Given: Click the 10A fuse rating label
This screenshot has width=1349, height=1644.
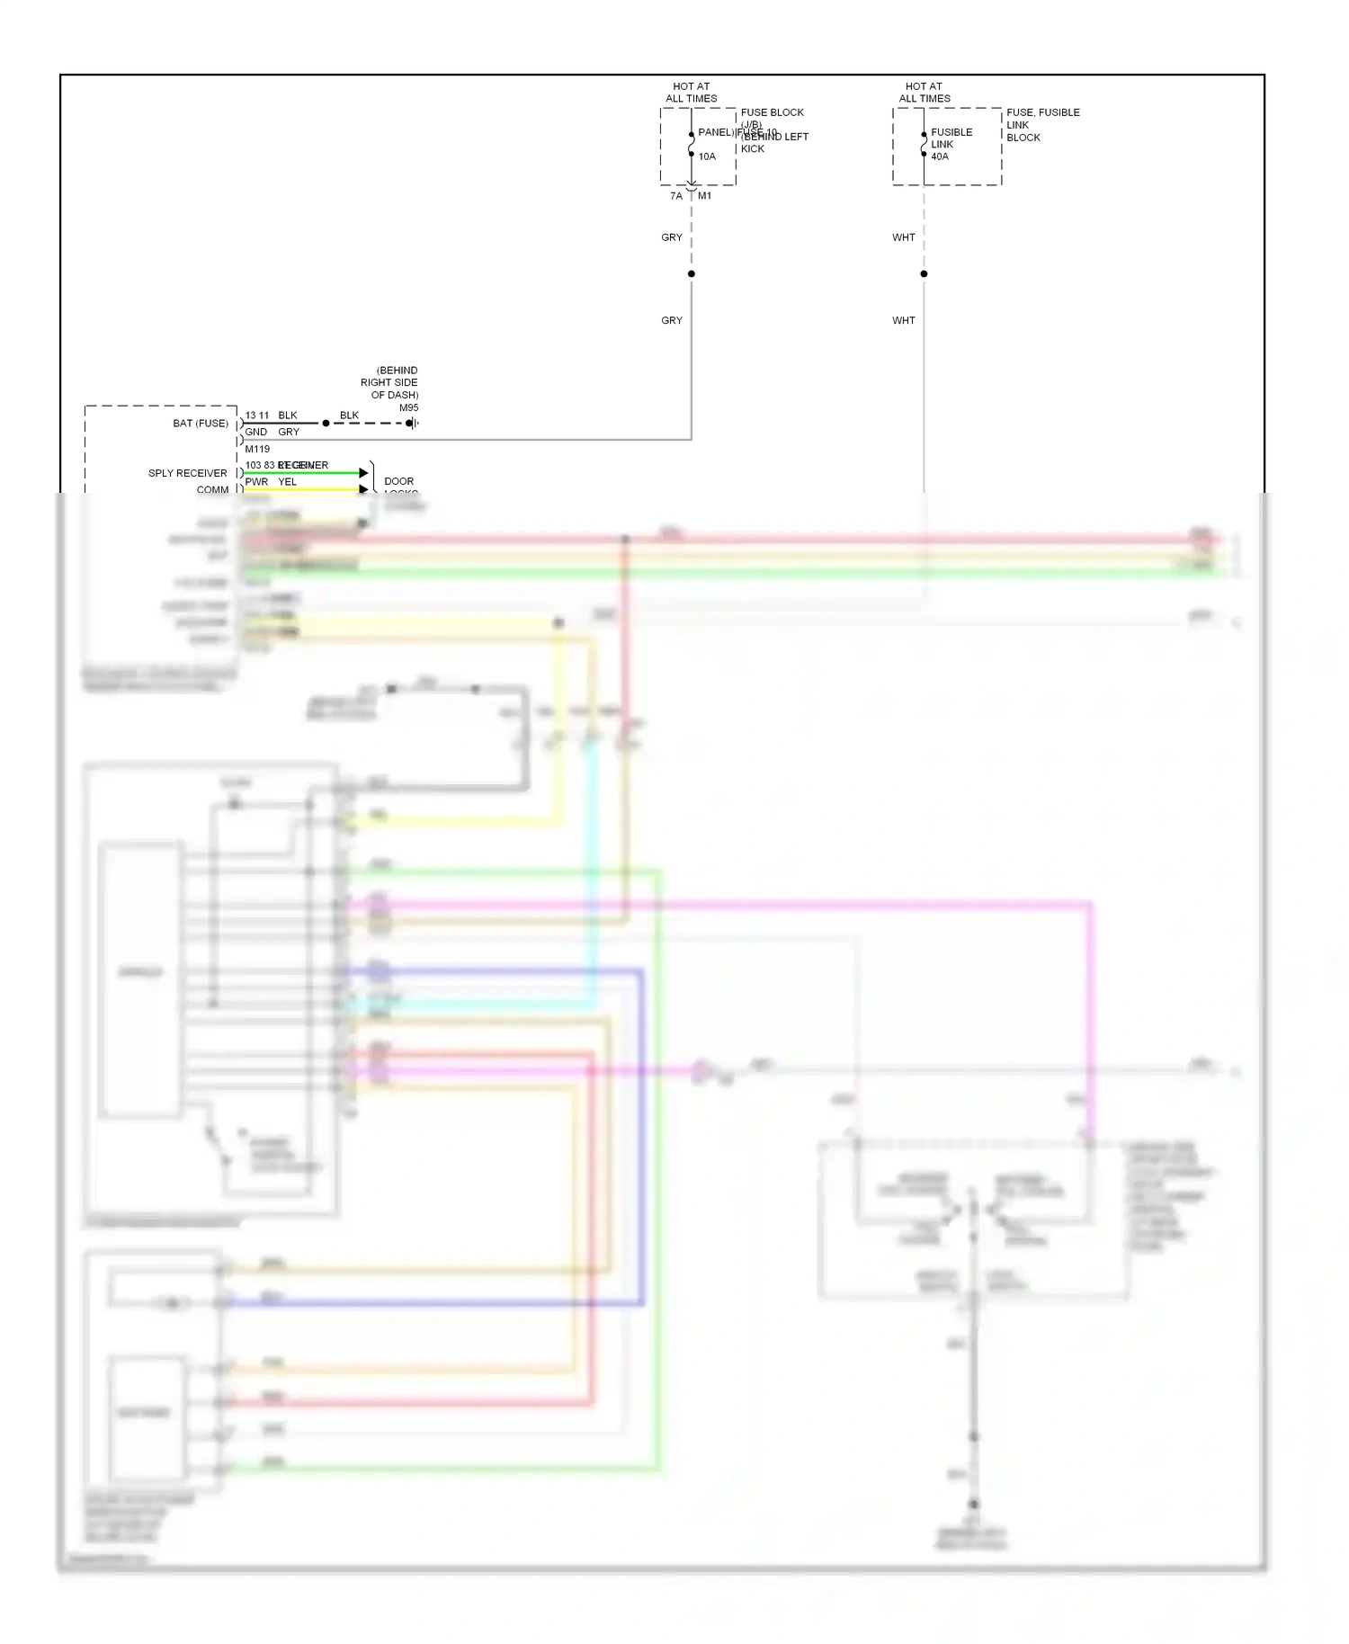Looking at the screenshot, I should [707, 156].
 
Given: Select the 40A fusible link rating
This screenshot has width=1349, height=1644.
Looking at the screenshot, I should [940, 156].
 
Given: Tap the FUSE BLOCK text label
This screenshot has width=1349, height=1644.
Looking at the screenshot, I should [772, 112].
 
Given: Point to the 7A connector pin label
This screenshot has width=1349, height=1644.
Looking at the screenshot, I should [676, 196].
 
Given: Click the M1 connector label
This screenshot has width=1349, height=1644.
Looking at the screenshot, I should [705, 196].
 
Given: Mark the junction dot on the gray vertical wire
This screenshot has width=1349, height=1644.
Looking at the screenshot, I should [691, 273].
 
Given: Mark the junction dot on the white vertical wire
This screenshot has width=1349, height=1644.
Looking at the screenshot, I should [924, 273].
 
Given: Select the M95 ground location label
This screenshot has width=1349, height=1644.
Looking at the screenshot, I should [408, 407].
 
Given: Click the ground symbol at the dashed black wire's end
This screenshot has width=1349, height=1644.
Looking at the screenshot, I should [412, 423].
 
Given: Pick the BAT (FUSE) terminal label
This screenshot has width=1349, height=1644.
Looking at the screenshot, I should [201, 423].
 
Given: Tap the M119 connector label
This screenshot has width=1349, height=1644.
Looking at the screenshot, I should [257, 449].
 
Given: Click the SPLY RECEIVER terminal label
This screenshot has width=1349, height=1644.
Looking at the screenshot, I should [188, 473].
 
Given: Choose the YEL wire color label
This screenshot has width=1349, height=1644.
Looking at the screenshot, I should [287, 482].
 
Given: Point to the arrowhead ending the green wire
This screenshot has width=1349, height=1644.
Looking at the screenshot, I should [363, 473].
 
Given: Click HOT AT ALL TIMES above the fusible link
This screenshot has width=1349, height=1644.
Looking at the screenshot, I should [925, 93].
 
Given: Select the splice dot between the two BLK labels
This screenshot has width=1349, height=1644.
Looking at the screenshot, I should [326, 423].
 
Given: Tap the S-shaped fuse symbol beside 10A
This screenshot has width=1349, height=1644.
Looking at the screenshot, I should [691, 144].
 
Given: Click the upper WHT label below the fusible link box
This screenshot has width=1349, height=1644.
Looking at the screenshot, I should [904, 237].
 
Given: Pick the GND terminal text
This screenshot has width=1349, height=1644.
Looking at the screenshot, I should [255, 432].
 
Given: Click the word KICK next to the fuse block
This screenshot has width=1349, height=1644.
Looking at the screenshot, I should [753, 149].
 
